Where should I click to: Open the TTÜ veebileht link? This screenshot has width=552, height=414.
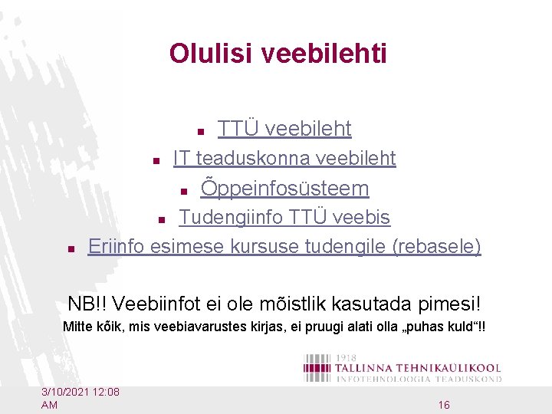coord(284,129)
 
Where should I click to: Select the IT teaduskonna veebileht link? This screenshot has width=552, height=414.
coord(284,159)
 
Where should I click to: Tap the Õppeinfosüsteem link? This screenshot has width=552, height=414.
coord(284,188)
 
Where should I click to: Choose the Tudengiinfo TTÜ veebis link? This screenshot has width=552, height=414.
coord(284,218)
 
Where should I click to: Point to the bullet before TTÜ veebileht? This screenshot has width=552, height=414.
coord(200,132)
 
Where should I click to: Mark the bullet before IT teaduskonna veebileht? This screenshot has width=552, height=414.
coord(155,162)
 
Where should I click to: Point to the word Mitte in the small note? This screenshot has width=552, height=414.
coord(76,327)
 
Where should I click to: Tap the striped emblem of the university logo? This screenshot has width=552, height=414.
coord(316,368)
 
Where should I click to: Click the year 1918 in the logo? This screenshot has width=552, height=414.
coord(347,358)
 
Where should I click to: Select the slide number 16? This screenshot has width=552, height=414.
coord(444,404)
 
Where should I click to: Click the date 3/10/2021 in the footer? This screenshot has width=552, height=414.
coord(68,392)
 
